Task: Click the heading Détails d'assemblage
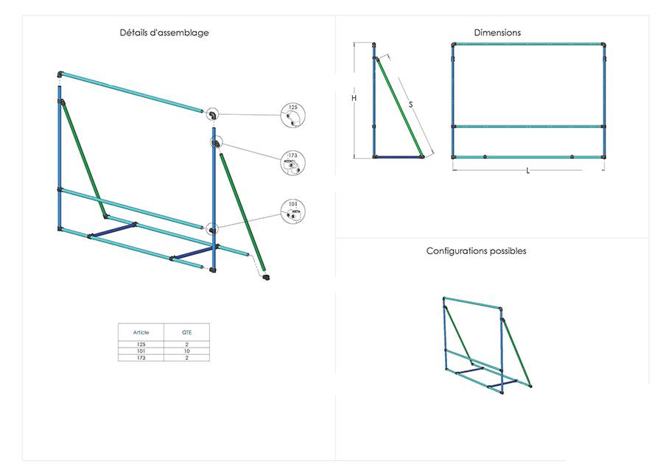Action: [x=164, y=32]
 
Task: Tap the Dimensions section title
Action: [x=497, y=32]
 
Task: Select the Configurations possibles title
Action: [x=476, y=251]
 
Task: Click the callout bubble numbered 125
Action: [x=292, y=115]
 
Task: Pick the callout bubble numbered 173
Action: [x=292, y=163]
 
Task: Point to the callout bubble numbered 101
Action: [x=292, y=211]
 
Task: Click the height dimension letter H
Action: [x=354, y=98]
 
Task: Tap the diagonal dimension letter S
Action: [x=410, y=104]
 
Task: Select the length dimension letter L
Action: [x=527, y=171]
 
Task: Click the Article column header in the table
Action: [x=141, y=333]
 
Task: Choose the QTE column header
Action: [x=186, y=333]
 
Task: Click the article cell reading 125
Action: [x=141, y=345]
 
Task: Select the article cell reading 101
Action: [x=141, y=351]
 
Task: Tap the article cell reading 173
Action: [x=141, y=358]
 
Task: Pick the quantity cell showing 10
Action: [x=186, y=351]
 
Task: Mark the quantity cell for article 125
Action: [x=186, y=345]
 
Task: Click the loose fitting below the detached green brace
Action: [x=266, y=277]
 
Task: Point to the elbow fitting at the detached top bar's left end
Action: [x=60, y=75]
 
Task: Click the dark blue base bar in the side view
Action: [x=398, y=157]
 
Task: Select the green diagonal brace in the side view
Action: [x=399, y=107]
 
